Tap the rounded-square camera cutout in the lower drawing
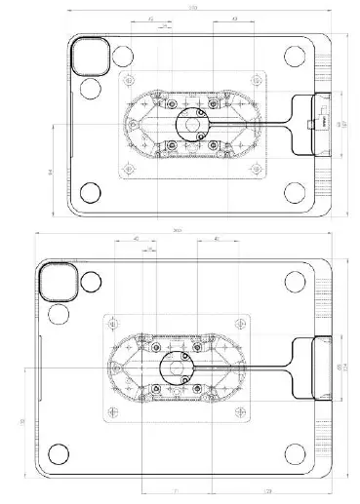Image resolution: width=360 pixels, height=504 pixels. coord(54,284)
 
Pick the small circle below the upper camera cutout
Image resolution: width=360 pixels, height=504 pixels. coord(91,89)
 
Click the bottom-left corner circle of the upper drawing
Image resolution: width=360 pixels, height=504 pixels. coord(90,192)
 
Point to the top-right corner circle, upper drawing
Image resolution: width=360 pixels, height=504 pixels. coord(290,56)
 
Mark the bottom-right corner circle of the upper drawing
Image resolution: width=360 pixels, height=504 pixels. coord(290,192)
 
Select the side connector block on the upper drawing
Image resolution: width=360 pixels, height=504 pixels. coord(319,125)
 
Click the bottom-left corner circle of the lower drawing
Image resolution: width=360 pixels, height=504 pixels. coord(59,453)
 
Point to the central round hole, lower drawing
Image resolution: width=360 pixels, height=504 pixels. coord(176,368)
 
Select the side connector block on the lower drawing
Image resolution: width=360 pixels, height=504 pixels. coord(314,368)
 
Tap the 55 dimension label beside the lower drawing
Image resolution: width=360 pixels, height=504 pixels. coord(22,420)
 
